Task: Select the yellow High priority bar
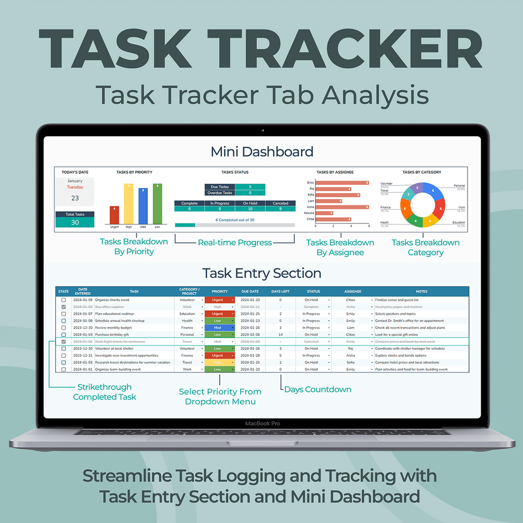128,203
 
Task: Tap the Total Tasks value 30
75,222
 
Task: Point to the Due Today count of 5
250,186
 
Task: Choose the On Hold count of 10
250,209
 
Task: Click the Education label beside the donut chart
458,222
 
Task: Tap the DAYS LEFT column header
280,291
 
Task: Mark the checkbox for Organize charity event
63,300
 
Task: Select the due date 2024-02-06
250,334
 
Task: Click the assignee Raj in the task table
350,349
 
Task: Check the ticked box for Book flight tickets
63,342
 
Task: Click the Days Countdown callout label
317,389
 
